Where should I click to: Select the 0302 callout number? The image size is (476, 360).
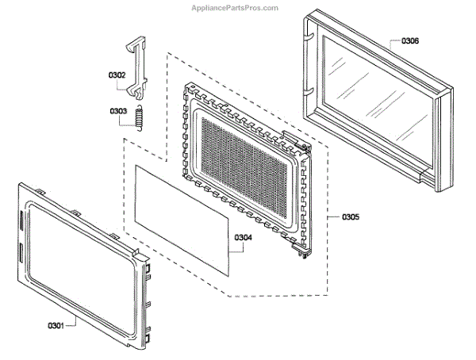[x=117, y=76]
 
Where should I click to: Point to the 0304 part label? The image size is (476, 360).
[x=244, y=236]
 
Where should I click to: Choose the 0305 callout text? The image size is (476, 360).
[x=351, y=216]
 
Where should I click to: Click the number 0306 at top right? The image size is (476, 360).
[x=410, y=40]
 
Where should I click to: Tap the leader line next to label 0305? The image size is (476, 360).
[x=333, y=216]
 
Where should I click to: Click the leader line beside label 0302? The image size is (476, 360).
[x=131, y=77]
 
